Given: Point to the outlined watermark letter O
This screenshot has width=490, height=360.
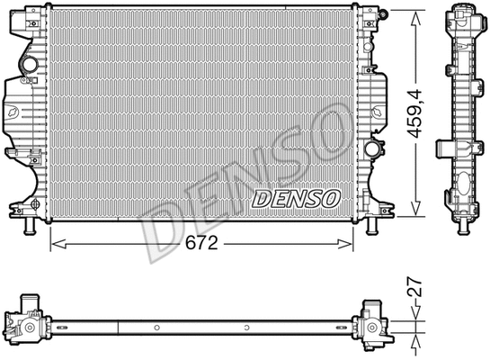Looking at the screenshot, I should (x=325, y=125).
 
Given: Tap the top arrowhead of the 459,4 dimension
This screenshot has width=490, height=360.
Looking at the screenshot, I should (x=416, y=16).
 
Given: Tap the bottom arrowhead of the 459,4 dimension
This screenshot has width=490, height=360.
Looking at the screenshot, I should (x=416, y=213).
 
